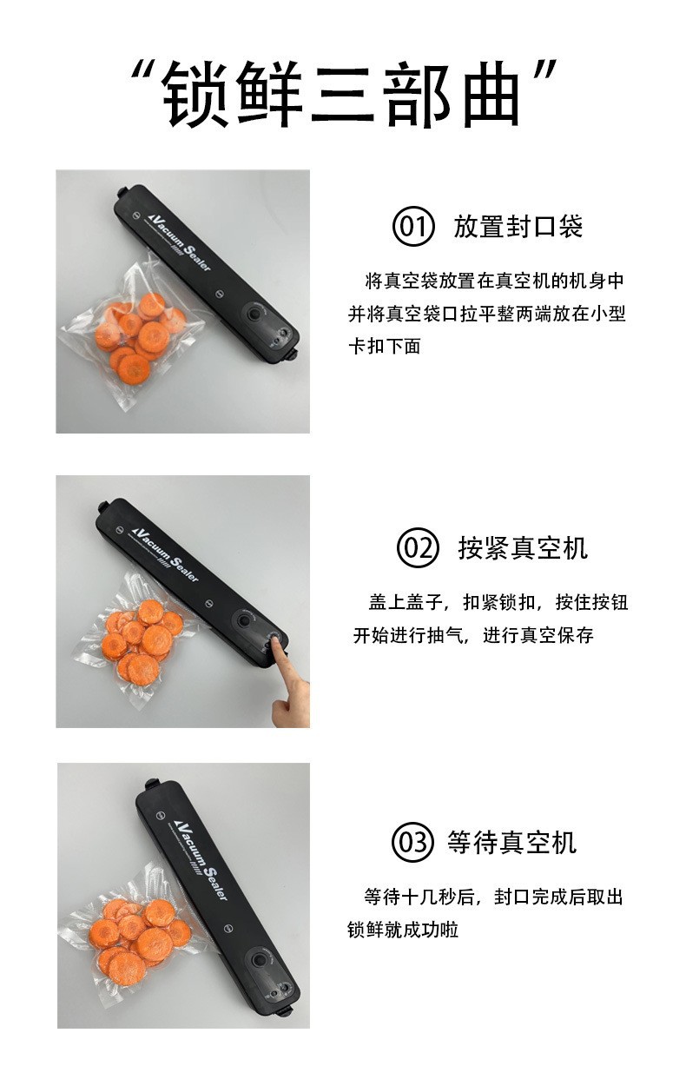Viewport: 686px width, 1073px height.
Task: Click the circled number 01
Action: pos(412,226)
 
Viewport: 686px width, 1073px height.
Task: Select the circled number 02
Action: pos(418,547)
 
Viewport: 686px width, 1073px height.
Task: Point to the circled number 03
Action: pos(412,842)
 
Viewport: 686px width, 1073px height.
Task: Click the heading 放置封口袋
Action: pos(518,227)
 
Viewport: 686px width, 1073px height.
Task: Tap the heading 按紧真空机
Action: pos(523,548)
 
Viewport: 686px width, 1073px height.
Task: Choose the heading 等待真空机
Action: pos(511,843)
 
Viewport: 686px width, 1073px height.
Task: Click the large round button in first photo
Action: pos(253,315)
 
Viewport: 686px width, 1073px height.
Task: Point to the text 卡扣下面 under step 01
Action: pos(385,346)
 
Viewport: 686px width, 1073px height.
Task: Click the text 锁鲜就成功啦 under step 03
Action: pos(403,930)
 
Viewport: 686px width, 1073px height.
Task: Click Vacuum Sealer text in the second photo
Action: pos(165,553)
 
